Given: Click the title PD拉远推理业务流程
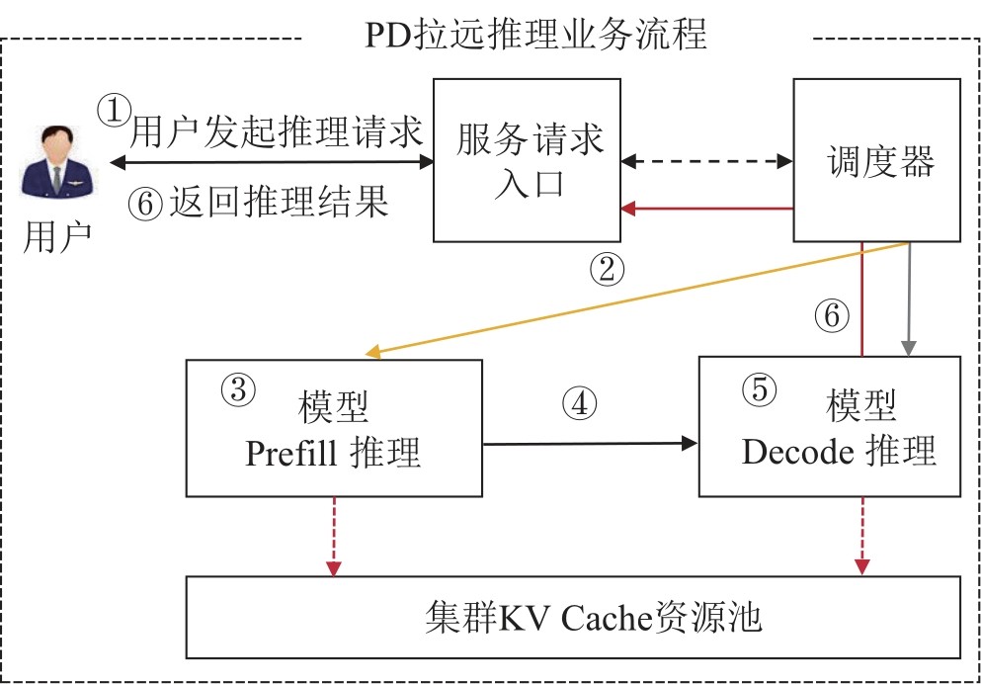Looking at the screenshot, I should click(536, 36).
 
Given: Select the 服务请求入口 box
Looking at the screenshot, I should click(528, 159).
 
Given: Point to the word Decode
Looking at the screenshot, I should click(796, 452).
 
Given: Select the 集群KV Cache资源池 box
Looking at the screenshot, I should click(573, 617).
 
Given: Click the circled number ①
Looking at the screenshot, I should click(115, 109).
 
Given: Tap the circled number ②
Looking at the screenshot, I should click(607, 268).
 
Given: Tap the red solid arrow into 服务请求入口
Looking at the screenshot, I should click(707, 209).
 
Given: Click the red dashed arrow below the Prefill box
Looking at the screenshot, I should click(334, 534).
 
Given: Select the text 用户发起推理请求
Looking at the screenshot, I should click(277, 131).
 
